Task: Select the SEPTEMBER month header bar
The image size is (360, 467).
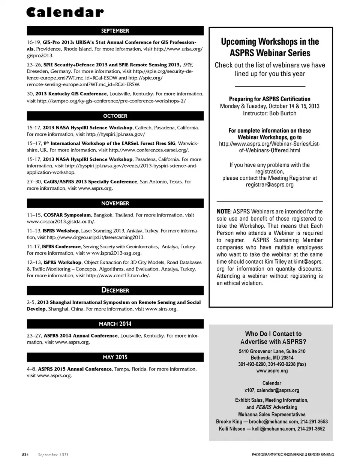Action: pyautogui.click(x=115, y=31)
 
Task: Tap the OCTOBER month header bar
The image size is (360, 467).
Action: pyautogui.click(x=115, y=116)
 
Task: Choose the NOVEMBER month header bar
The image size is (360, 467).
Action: pyautogui.click(x=115, y=203)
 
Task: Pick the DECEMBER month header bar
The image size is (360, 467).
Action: pyautogui.click(x=115, y=290)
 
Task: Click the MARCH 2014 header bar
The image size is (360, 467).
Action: pyautogui.click(x=115, y=324)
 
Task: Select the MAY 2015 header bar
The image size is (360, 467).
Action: pyautogui.click(x=115, y=357)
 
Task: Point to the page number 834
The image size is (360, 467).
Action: pyautogui.click(x=25, y=455)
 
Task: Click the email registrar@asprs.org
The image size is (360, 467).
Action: pyautogui.click(x=270, y=185)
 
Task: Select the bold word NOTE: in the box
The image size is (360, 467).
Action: pyautogui.click(x=224, y=212)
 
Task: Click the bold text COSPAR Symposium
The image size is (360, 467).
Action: pyautogui.click(x=67, y=215)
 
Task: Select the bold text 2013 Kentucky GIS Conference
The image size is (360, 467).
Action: pyautogui.click(x=71, y=94)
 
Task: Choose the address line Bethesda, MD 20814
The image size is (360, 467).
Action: pyautogui.click(x=272, y=358)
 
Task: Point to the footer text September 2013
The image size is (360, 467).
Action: pyautogui.click(x=53, y=455)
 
